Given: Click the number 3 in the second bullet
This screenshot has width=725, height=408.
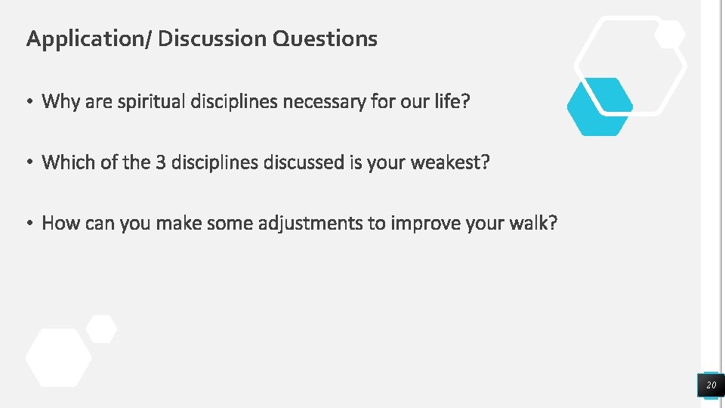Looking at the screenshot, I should point(160,162).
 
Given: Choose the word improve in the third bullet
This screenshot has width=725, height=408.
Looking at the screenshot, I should point(424,224).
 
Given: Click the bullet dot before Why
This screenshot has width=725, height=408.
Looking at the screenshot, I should point(30,102).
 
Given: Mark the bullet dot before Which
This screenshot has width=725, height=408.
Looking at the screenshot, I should point(30,163).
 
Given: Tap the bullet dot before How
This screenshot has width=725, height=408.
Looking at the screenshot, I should point(30,224).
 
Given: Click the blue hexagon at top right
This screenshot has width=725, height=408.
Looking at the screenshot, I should point(600,107).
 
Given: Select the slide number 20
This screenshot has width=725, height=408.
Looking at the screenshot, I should point(711,386).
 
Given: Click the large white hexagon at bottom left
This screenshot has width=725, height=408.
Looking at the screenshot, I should point(58,357).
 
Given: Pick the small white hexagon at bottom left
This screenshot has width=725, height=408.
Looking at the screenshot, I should point(101,329).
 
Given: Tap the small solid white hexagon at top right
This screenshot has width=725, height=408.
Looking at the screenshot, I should point(669,34).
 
